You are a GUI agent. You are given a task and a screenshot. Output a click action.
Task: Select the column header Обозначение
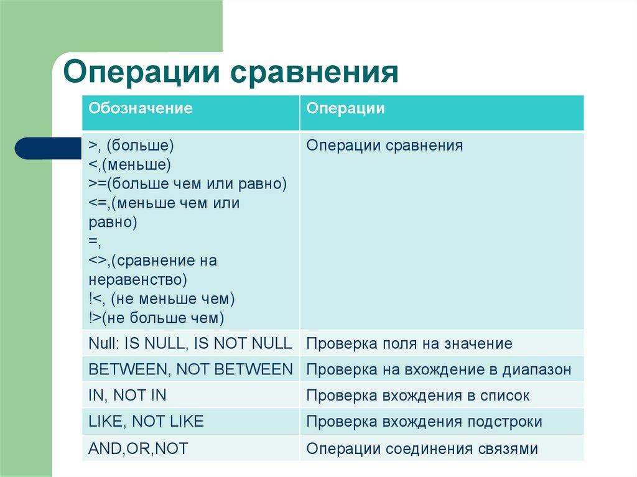coord(140,108)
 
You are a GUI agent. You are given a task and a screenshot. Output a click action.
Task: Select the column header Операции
coord(345,108)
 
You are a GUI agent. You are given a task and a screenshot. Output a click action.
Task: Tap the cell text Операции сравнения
coord(384,146)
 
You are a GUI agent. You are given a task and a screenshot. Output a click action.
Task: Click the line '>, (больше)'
coord(131,146)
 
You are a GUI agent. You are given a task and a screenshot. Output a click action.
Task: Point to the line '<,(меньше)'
coord(129,165)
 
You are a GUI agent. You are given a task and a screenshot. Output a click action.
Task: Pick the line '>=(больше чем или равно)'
coord(187,184)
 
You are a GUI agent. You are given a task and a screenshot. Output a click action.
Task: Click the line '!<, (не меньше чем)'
coord(162,299)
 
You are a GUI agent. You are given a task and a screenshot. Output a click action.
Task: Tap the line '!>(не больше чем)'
coord(156,318)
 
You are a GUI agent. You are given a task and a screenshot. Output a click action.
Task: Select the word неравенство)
coord(137,280)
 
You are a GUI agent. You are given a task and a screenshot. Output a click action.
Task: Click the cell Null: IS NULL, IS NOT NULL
coord(190,343)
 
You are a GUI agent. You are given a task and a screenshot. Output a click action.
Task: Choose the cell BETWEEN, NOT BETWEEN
coord(190,369)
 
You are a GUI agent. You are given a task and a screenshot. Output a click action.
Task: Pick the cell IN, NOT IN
coord(128,396)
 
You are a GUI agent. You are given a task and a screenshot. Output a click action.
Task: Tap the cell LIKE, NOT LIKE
coord(146,422)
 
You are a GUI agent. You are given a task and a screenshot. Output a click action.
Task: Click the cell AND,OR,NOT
coord(138,448)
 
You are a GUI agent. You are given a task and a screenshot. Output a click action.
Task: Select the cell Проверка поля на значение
coord(409,343)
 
